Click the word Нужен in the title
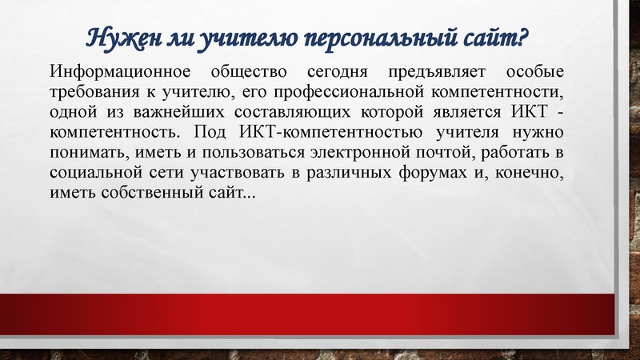click(114, 38)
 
